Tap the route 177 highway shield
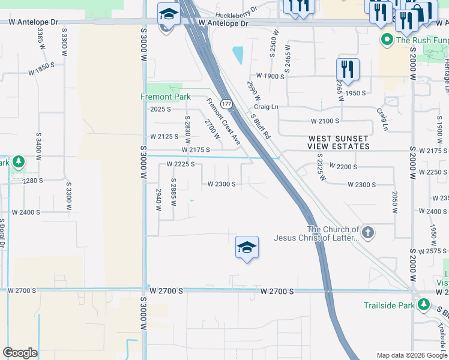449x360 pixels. pos(226,104)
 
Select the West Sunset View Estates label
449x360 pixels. pos(339,142)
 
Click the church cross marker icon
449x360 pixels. pos(368,232)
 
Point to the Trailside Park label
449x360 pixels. pos(389,305)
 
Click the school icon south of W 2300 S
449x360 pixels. pos(247,248)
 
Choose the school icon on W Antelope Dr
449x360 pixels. pos(169,15)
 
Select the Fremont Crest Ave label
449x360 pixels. pos(224,122)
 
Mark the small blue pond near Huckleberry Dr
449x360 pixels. pos(238,55)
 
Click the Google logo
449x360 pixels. pos(20,353)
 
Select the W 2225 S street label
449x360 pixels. pos(180,164)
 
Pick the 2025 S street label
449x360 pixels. pos(160,109)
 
